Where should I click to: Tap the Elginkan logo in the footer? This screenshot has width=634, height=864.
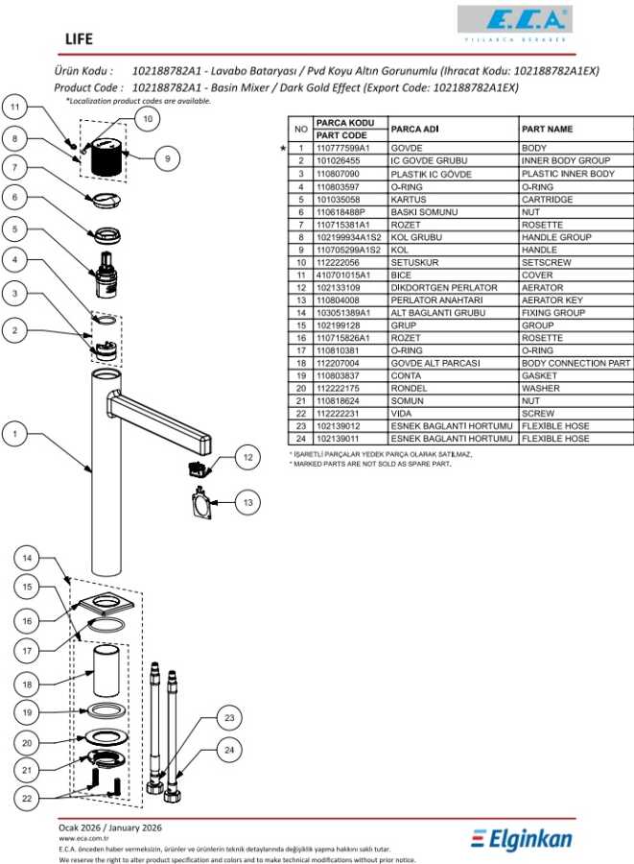(522, 839)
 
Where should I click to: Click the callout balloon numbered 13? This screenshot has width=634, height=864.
(247, 501)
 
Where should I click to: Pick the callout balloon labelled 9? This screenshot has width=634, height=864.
(167, 157)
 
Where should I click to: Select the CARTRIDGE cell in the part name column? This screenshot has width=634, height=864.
(547, 200)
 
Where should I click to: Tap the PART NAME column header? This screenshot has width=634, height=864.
(547, 129)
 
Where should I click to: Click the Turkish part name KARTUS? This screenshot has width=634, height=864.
(407, 200)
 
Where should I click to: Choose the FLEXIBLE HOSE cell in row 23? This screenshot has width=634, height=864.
(555, 426)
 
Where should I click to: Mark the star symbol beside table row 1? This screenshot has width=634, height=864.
(283, 149)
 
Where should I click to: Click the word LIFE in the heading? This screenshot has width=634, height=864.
(78, 38)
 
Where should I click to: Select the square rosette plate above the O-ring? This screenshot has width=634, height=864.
(103, 605)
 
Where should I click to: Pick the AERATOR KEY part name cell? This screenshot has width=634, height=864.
(552, 300)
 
